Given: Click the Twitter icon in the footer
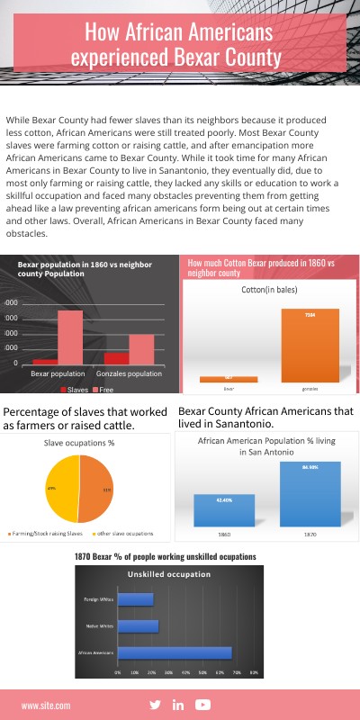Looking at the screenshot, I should tap(155, 705).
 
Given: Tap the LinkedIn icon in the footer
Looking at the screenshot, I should tap(178, 705).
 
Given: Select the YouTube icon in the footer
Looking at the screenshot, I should tap(202, 705).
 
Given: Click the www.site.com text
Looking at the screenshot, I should tap(46, 706).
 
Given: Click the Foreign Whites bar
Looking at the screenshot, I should tap(135, 599).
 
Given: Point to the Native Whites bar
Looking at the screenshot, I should tap(138, 625).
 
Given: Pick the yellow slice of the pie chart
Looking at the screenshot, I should tap(61, 489).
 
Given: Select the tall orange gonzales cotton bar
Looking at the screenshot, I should tap(310, 345).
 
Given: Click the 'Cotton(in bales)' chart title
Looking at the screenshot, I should tap(268, 291).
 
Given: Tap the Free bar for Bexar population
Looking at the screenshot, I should tap(69, 337).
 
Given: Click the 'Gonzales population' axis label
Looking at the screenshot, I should tap(130, 373).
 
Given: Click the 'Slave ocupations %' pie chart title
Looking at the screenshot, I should tap(79, 443).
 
